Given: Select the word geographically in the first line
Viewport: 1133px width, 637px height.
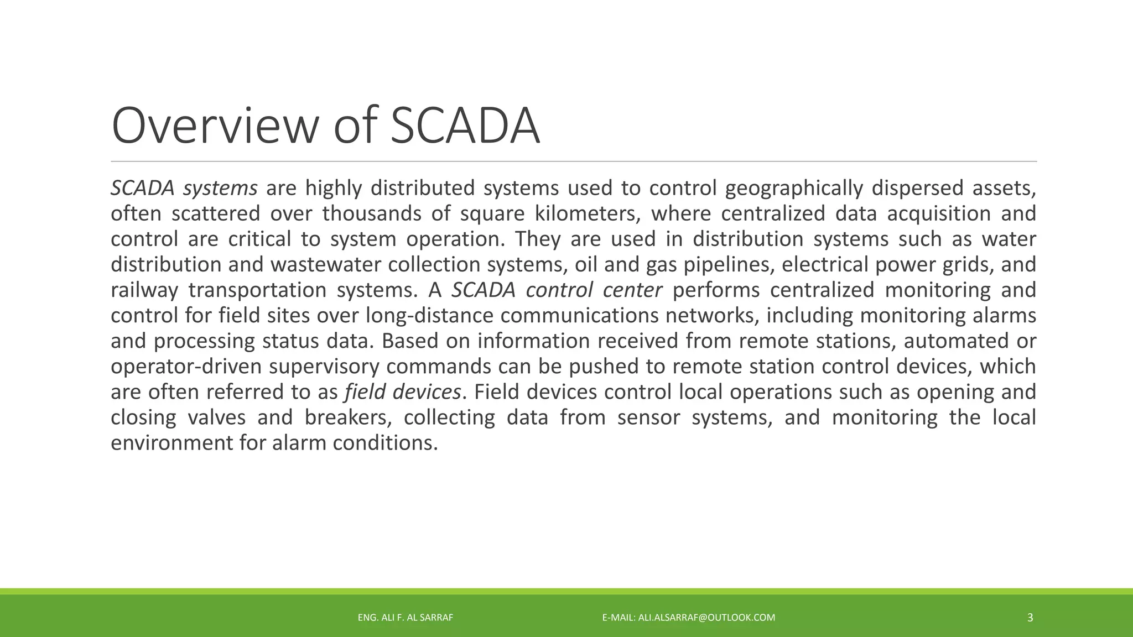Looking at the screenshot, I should [x=794, y=189].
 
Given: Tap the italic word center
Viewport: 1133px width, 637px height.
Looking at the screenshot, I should [x=633, y=290].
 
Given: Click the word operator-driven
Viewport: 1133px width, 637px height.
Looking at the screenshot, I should [x=186, y=367].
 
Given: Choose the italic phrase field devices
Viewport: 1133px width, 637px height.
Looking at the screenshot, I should [x=403, y=392].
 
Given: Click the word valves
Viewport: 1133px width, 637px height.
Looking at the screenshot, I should [x=216, y=417].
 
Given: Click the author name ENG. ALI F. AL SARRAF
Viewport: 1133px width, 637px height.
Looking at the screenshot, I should [x=406, y=618].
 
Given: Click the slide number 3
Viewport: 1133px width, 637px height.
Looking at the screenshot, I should [x=1030, y=618].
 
